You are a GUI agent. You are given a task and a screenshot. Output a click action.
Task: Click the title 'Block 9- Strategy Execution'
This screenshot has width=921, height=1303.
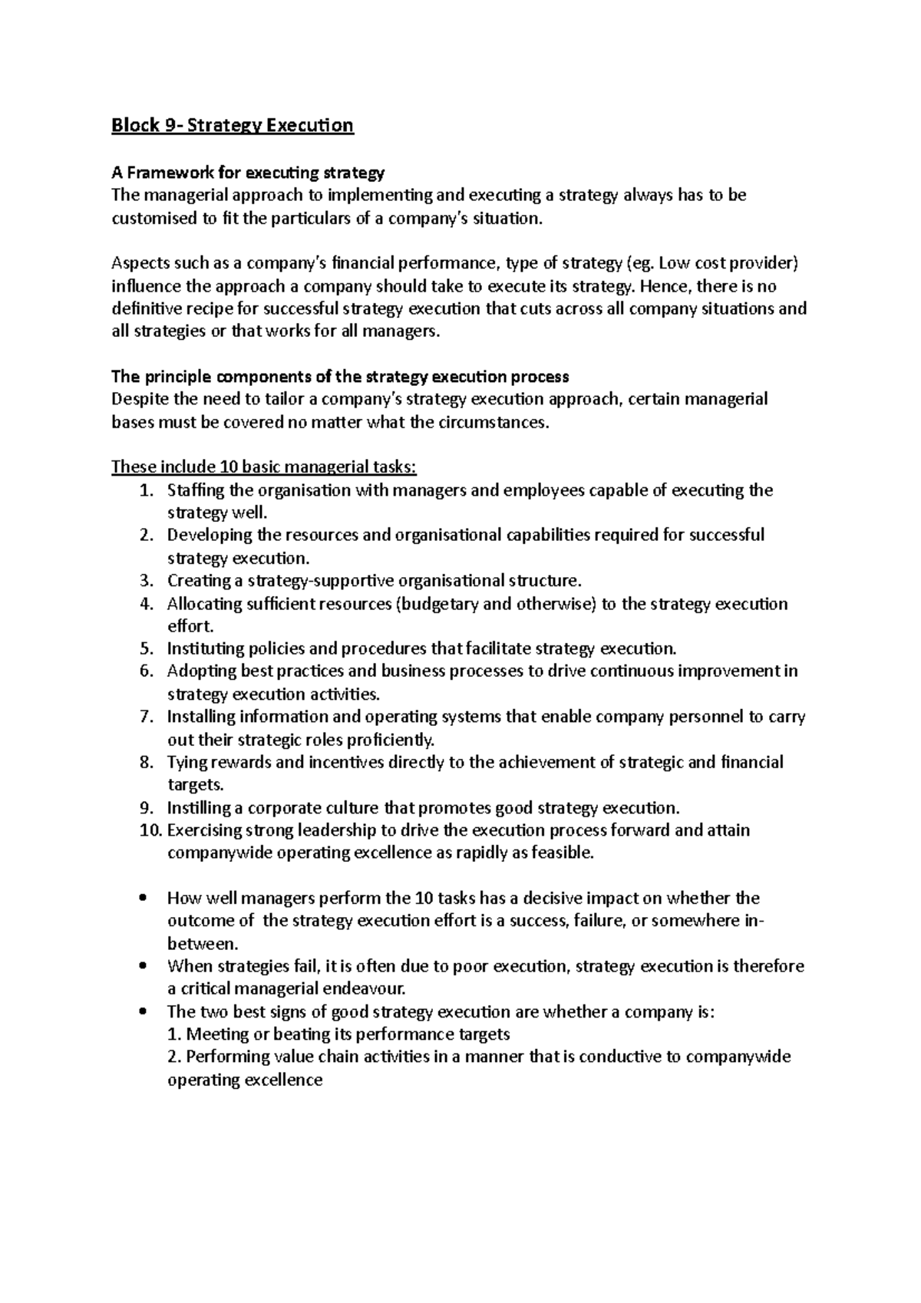(x=232, y=125)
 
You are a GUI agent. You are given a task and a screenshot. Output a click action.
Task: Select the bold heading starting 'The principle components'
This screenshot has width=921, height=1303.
(x=340, y=377)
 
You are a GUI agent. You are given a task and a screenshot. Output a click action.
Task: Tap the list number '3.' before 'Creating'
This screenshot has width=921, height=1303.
(x=147, y=581)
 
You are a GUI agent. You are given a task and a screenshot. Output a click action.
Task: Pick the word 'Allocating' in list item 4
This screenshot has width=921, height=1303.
(x=203, y=604)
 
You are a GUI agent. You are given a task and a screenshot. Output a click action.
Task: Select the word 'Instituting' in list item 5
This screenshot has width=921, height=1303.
(x=202, y=649)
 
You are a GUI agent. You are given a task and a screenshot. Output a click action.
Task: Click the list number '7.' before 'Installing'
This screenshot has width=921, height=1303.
(x=147, y=717)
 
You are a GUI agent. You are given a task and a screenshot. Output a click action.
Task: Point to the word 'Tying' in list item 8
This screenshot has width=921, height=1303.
(x=185, y=762)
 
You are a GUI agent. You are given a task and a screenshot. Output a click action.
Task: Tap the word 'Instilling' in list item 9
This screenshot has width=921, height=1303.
(x=198, y=808)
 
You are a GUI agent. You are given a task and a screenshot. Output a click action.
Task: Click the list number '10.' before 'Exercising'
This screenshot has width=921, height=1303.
(x=150, y=830)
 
